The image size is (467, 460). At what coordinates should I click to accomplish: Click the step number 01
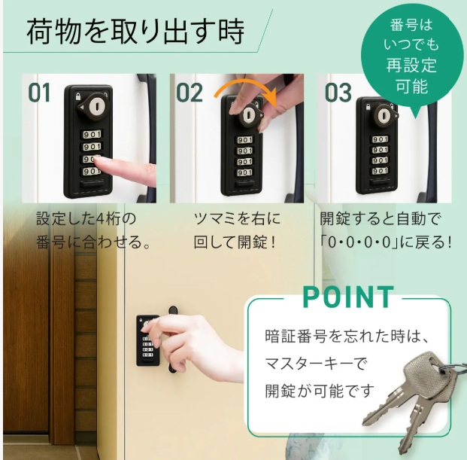[39, 93]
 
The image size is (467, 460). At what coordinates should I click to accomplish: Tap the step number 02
[190, 93]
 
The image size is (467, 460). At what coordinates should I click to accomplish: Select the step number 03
[338, 93]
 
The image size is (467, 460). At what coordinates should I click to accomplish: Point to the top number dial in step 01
[92, 135]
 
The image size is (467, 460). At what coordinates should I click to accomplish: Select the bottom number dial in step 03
[380, 171]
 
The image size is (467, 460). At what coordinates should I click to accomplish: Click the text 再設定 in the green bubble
[411, 65]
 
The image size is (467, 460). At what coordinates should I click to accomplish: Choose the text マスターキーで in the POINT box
[316, 364]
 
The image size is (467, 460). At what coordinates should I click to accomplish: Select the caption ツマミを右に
[237, 218]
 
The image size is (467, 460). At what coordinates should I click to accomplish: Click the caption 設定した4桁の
[86, 218]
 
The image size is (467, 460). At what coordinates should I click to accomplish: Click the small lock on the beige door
[148, 340]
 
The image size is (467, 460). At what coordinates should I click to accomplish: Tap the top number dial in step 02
[245, 140]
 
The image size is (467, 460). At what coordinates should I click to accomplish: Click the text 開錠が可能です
[320, 390]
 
